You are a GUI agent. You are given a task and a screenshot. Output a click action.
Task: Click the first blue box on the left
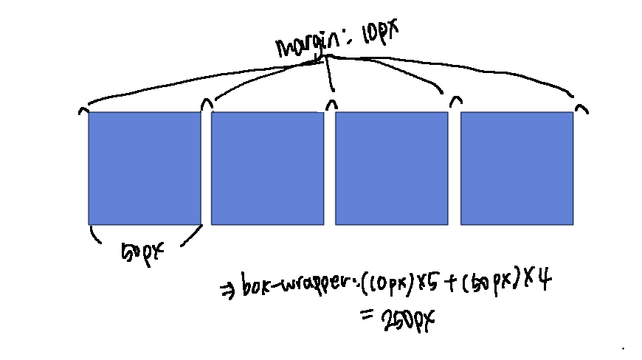coord(145,167)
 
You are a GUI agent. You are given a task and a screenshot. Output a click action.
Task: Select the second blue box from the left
coord(267,167)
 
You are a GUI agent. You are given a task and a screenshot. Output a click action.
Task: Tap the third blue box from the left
coord(392,167)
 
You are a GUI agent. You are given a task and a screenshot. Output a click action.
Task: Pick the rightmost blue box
coord(517,167)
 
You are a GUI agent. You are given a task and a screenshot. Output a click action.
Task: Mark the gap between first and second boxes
coord(206,167)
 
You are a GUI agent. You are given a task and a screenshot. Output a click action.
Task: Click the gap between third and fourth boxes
coord(454,167)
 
